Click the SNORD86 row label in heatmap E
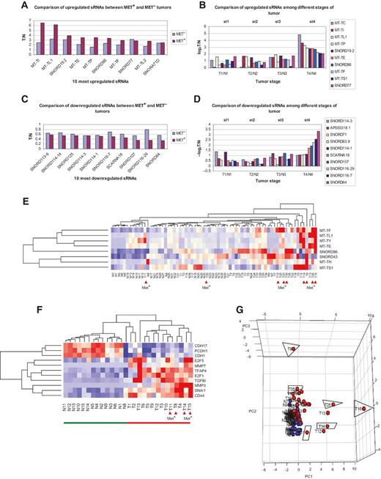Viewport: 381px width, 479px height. point(329,250)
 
